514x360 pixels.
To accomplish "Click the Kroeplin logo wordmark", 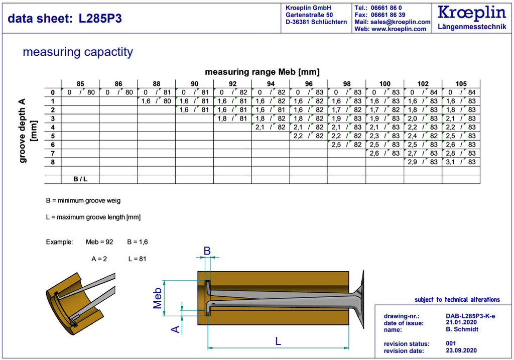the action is pos(472,13).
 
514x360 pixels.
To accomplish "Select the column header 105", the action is pos(461,84).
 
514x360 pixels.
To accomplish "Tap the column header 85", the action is pos(80,84).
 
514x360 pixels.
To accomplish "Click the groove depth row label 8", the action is pos(53,162).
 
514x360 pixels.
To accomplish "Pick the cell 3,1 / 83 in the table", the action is pos(461,162).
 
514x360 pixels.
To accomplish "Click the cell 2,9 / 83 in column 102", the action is pos(423,162).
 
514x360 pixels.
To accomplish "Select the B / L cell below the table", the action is pos(80,179).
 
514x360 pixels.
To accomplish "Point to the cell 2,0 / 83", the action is pos(423,118).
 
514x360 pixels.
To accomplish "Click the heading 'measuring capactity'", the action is pos(78,52).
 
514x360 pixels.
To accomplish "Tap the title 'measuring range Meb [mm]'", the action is pos(262,72).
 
